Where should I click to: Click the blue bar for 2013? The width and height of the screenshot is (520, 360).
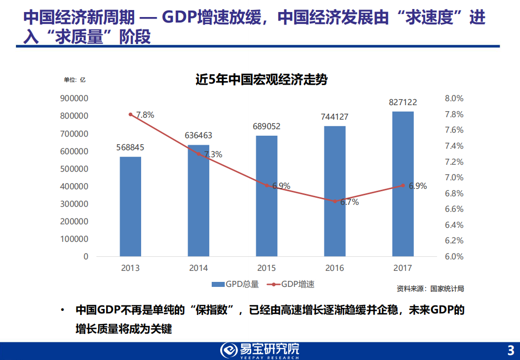[x=130, y=206]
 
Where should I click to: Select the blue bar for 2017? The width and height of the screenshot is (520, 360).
[x=403, y=184]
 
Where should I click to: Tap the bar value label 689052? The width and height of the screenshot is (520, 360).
[x=266, y=127]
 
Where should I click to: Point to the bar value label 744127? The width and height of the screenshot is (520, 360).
[x=334, y=117]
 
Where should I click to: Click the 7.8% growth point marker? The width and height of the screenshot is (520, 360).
[x=131, y=115]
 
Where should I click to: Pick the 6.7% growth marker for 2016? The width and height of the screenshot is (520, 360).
[x=335, y=201]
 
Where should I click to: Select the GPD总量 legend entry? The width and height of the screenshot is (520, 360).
[x=235, y=284]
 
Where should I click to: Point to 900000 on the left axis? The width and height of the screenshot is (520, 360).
[x=74, y=99]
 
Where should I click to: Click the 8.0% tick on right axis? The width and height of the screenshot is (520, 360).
[x=454, y=99]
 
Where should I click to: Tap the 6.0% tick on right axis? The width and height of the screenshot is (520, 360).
[x=454, y=256]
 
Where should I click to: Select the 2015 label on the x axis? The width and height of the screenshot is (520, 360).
[x=266, y=268]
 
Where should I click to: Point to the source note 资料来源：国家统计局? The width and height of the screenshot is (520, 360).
[x=430, y=289]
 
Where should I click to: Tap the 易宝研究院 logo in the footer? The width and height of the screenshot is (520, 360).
[x=260, y=350]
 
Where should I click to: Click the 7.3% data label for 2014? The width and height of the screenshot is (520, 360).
[x=213, y=155]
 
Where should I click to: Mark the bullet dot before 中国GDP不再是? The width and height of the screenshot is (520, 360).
[x=62, y=311]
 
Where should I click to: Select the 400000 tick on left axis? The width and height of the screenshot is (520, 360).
[x=74, y=186]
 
